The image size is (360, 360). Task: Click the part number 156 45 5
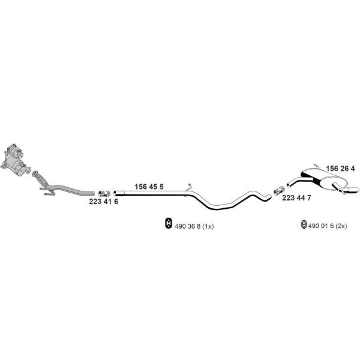149,187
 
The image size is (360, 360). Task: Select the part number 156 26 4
340,169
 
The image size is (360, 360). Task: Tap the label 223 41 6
104,202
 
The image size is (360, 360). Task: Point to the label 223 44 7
296,197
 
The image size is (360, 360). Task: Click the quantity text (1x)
208,226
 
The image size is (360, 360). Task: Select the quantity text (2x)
341,226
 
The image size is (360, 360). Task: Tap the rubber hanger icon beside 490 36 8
169,223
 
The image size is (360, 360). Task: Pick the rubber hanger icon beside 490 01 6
304,224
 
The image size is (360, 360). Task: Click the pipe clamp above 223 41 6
104,194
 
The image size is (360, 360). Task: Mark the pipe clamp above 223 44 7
280,191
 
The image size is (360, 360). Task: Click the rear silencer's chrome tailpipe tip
352,190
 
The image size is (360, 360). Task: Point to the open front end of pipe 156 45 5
115,193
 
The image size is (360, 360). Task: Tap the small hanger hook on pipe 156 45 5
189,187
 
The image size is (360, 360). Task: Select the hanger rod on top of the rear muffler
316,165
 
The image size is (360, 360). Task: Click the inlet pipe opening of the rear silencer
289,184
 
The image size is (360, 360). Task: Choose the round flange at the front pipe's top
35,173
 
